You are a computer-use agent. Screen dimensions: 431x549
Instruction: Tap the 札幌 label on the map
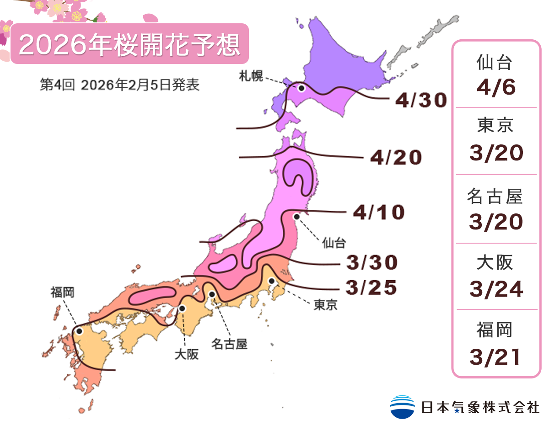[x=251, y=76]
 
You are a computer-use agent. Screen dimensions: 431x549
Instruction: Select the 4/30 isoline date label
[x=420, y=101]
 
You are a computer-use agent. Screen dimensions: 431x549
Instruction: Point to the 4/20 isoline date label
[x=396, y=158]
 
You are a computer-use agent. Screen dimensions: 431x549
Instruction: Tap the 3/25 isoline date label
[x=371, y=288]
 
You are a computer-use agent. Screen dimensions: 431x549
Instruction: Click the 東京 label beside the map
[x=325, y=305]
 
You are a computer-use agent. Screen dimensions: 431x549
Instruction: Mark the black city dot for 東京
[x=271, y=281]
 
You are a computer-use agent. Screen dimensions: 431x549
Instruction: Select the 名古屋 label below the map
[x=229, y=344]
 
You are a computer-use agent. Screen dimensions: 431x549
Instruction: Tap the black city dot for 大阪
[x=182, y=309]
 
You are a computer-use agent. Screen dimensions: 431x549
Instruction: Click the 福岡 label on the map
[x=62, y=292]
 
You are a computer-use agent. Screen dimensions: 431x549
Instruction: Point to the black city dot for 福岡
[x=80, y=331]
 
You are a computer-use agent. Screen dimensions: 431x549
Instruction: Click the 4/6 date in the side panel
[x=496, y=88]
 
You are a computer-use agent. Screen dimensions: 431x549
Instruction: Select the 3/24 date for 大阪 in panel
[x=496, y=289]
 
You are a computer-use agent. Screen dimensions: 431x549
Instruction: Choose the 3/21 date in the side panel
[x=496, y=357]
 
